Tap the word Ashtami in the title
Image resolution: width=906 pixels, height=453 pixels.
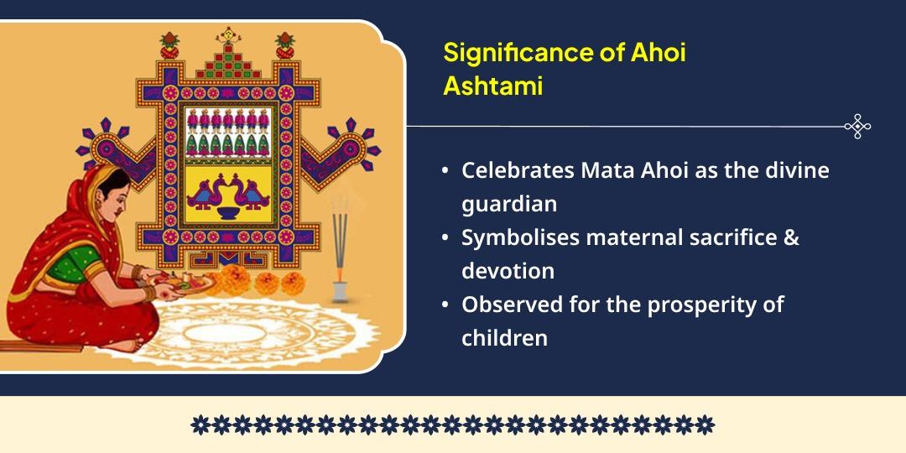492,86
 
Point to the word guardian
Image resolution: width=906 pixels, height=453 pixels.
509,204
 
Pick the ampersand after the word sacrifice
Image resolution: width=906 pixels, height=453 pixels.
790,237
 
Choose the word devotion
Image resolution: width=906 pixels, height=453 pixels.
508,271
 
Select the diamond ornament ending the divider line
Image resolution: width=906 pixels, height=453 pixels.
857,127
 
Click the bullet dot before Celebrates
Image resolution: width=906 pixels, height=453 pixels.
445,171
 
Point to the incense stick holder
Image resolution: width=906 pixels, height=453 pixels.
340,290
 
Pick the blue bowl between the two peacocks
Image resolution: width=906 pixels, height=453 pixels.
227,210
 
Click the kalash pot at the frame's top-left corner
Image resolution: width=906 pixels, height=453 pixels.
170,46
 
